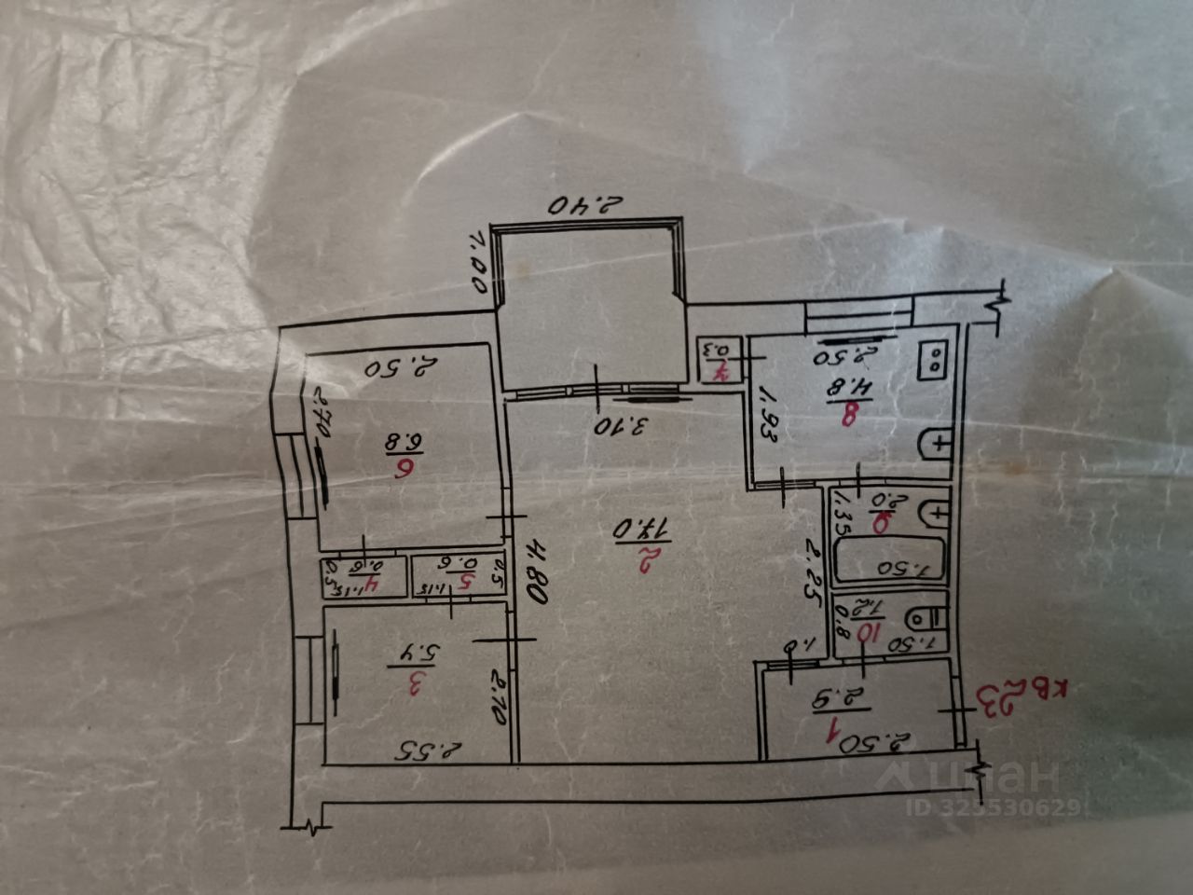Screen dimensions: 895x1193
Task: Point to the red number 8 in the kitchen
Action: (848, 415)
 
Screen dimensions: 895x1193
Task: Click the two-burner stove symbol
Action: (933, 359)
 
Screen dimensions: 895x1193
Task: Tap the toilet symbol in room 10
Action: (926, 615)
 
